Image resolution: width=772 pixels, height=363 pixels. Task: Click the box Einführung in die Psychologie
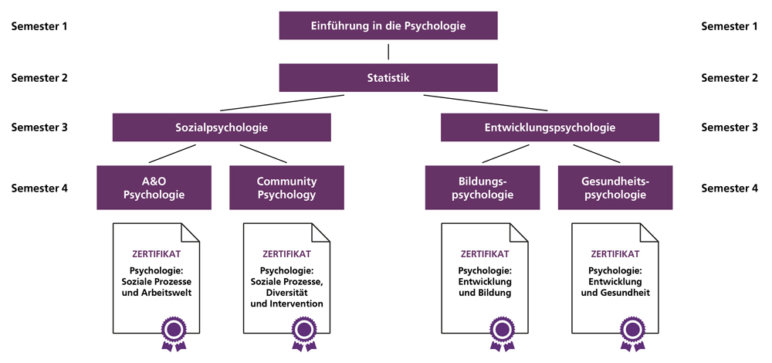pyautogui.click(x=388, y=26)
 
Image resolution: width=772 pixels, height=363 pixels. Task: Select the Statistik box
pyautogui.click(x=388, y=77)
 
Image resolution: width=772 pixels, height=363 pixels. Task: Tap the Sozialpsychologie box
pyautogui.click(x=222, y=127)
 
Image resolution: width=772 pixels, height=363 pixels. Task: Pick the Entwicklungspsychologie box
pyautogui.click(x=550, y=127)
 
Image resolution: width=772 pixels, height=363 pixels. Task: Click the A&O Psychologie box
pyautogui.click(x=154, y=188)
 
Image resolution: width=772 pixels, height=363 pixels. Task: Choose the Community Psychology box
pyautogui.click(x=286, y=188)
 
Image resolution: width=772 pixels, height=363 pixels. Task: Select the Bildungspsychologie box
pyautogui.click(x=482, y=188)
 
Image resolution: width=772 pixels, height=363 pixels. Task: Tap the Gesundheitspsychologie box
pyautogui.click(x=615, y=188)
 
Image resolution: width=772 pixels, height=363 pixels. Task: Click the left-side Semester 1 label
pyautogui.click(x=39, y=26)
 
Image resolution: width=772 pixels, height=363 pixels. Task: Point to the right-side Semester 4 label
pyautogui.click(x=730, y=188)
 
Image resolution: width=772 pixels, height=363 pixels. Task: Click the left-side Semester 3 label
pyautogui.click(x=39, y=127)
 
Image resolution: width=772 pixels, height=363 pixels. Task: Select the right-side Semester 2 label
pyautogui.click(x=730, y=77)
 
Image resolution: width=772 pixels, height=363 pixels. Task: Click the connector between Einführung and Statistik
pyautogui.click(x=388, y=51)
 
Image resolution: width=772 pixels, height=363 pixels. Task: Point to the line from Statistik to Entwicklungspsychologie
pyautogui.click(x=486, y=103)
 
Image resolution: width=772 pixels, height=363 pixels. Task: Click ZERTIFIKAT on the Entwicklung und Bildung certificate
pyautogui.click(x=485, y=253)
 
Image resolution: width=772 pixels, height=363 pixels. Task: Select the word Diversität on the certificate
pyautogui.click(x=286, y=293)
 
